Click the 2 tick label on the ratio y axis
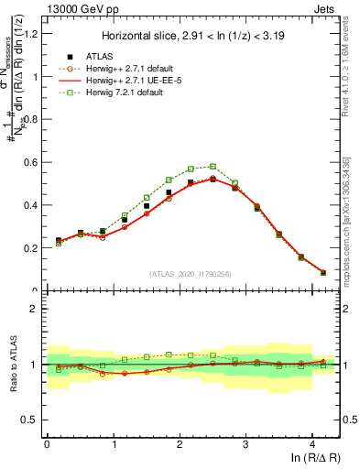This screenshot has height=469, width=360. click(x=36, y=309)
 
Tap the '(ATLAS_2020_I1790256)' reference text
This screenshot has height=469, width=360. click(x=191, y=275)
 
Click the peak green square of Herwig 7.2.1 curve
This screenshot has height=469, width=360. click(x=213, y=167)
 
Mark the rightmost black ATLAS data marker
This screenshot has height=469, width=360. click(x=322, y=272)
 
